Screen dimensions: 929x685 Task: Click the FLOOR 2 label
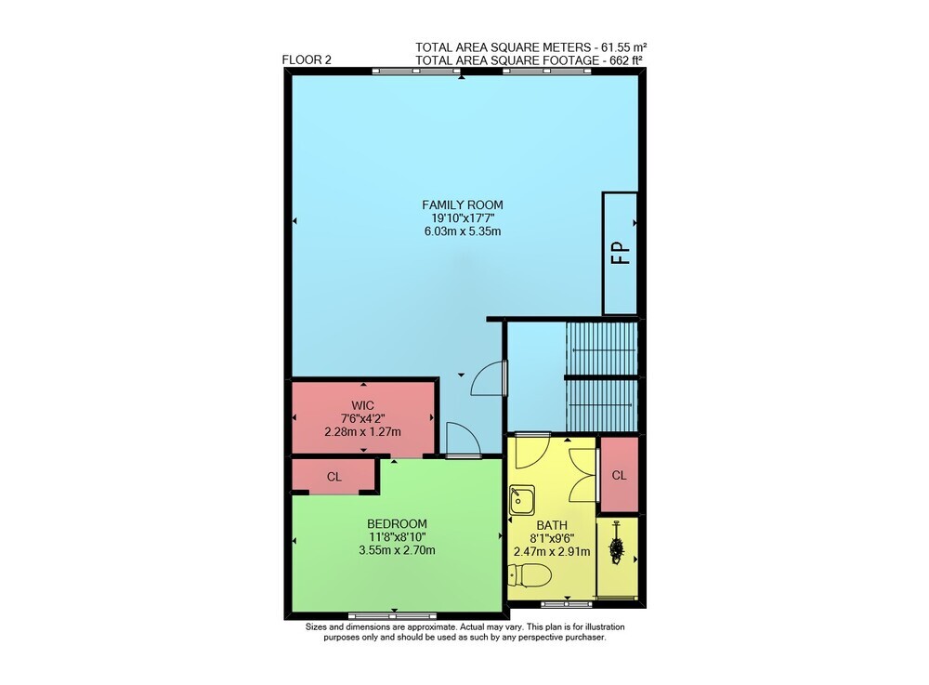307,59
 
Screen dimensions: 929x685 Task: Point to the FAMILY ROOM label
462,205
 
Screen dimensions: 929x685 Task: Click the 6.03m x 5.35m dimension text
462,231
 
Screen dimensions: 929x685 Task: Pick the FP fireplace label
621,253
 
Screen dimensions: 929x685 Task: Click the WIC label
362,406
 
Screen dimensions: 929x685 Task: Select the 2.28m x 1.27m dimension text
362,432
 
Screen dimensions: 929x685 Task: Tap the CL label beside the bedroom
334,477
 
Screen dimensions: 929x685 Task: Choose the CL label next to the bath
619,475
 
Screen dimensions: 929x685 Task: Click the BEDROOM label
397,524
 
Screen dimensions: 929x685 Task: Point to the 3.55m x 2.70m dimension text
397,550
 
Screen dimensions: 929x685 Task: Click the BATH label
552,525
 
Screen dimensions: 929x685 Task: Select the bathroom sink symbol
522,500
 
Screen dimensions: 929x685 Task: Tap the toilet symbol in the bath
530,574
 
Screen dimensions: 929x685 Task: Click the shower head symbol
617,544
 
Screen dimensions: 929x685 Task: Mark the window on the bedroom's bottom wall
392,615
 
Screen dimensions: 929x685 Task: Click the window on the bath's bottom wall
567,604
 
